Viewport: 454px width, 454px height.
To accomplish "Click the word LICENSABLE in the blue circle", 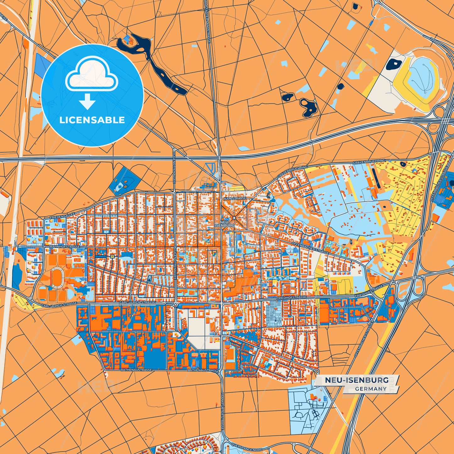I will pyautogui.click(x=92, y=120).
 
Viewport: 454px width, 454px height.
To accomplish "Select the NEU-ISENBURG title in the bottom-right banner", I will pyautogui.click(x=356, y=380).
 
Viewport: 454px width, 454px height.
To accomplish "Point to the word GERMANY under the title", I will pyautogui.click(x=371, y=389).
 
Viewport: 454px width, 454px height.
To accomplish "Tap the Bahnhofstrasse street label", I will pyautogui.click(x=65, y=247).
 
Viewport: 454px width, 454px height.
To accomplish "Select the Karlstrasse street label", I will pyautogui.click(x=235, y=199).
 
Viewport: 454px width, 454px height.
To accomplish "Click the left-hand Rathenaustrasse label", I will pyautogui.click(x=136, y=370).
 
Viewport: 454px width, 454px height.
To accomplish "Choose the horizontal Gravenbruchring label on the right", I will pyautogui.click(x=369, y=161).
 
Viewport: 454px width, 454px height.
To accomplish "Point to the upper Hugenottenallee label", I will pyautogui.click(x=174, y=167).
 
